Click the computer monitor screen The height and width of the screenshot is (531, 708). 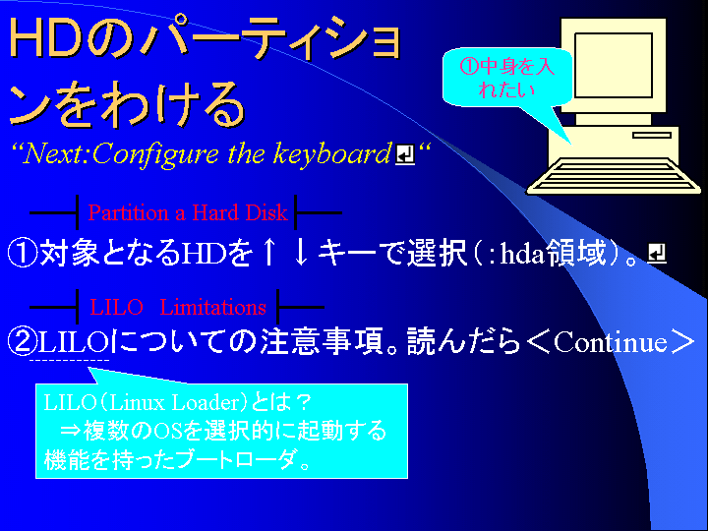[x=614, y=65]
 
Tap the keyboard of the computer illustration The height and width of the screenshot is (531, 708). [x=614, y=175]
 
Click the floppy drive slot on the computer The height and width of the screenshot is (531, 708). [x=652, y=135]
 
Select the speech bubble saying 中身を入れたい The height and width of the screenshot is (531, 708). [x=506, y=78]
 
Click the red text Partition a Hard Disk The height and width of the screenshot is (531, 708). [x=188, y=212]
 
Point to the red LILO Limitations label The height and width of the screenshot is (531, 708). [x=177, y=307]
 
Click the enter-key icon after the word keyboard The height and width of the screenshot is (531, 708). [x=405, y=154]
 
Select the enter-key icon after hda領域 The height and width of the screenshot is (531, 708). [x=657, y=253]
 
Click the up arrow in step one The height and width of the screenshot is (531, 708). [x=269, y=253]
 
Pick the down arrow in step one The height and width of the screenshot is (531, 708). [x=301, y=253]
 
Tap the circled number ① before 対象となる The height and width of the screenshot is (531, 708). [x=23, y=253]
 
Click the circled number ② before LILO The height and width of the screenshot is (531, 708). [x=23, y=341]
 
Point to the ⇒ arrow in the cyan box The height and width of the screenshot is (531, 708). [x=70, y=431]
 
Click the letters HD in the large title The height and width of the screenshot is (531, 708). [x=45, y=38]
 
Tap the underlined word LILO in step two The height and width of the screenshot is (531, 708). [x=73, y=342]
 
